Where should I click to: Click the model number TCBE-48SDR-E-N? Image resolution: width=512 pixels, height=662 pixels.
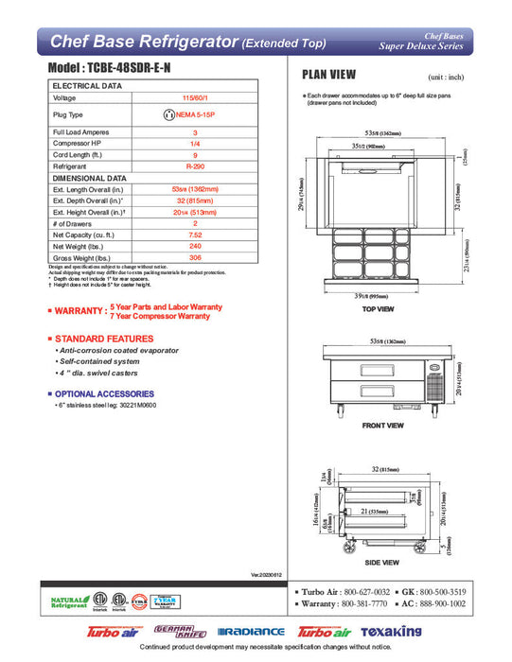tap(133, 70)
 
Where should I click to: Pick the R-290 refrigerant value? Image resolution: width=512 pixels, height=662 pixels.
tap(195, 166)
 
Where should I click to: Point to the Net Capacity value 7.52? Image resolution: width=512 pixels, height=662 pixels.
tap(195, 235)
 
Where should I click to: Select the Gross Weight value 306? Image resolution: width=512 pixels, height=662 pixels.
tap(195, 257)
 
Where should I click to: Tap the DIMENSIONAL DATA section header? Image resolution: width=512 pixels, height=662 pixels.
tap(91, 178)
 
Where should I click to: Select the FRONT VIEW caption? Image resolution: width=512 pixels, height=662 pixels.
tap(383, 426)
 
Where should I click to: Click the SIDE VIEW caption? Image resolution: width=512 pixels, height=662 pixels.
tap(383, 562)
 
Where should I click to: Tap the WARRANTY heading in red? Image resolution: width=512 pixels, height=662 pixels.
tap(80, 311)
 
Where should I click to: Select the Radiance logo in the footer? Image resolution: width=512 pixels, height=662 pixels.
tap(251, 632)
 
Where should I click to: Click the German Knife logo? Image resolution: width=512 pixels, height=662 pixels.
tap(184, 631)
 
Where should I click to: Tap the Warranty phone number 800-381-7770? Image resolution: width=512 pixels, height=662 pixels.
tap(363, 602)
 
